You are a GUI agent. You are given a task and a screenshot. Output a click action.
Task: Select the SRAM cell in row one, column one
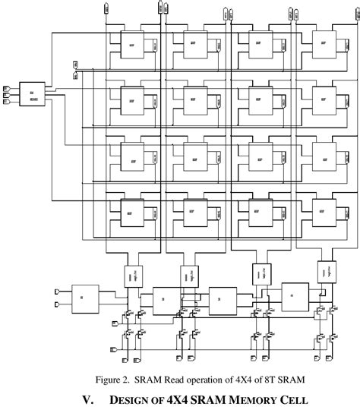(x=131, y=47)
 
